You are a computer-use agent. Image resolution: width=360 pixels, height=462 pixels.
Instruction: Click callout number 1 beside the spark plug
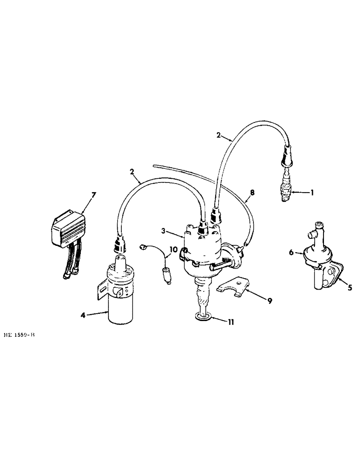pos(312,193)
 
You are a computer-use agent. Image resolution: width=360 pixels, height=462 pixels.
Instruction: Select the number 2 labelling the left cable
pos(132,172)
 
